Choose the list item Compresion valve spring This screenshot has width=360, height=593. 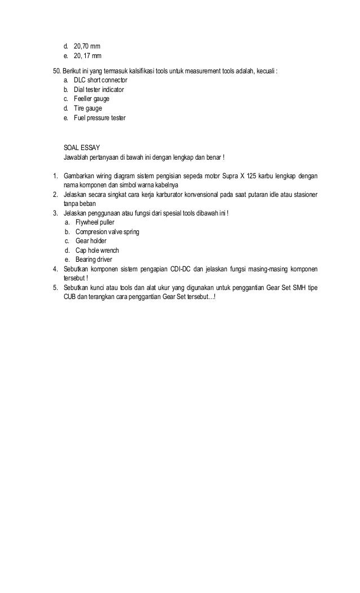click(x=107, y=232)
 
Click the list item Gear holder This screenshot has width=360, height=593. click(x=90, y=241)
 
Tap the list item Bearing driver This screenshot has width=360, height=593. click(x=94, y=260)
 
